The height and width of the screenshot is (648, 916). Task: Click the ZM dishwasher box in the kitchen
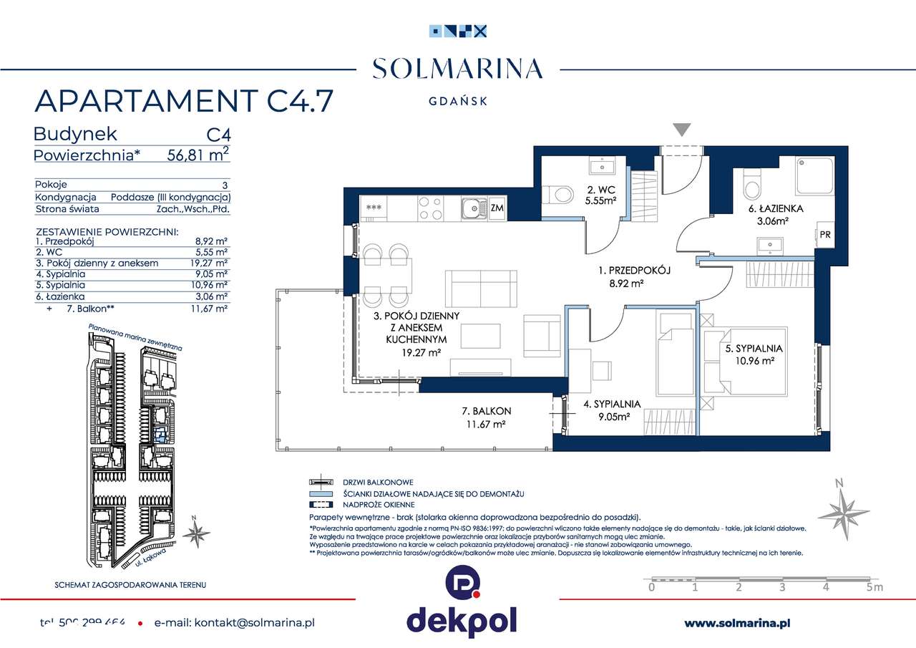(497, 208)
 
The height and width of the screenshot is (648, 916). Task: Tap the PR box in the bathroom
(824, 233)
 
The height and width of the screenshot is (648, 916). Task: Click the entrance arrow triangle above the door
(682, 130)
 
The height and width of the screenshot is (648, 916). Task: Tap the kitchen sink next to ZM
(473, 208)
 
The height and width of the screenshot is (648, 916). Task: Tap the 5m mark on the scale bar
(874, 587)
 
